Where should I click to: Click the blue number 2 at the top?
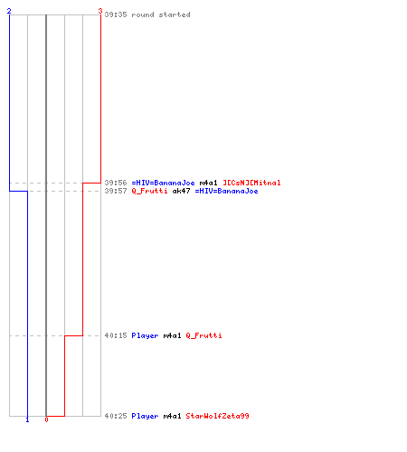9,11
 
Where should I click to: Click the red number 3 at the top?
100,11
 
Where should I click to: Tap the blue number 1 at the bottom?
27,419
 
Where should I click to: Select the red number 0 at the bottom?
46,419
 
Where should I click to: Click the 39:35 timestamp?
116,14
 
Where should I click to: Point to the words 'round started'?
161,14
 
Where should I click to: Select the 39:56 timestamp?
116,183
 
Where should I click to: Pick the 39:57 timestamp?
116,191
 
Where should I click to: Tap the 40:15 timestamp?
116,335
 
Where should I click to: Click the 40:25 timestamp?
116,416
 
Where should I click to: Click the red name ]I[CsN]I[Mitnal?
251,183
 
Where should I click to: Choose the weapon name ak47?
181,191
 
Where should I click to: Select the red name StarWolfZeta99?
217,416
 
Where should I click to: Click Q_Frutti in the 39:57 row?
149,191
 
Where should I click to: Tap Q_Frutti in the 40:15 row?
203,335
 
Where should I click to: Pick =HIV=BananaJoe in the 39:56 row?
163,183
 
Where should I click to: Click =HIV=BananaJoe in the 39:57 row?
226,191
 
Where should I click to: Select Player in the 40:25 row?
145,416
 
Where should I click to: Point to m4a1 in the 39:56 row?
208,183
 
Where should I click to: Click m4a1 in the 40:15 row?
172,335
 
